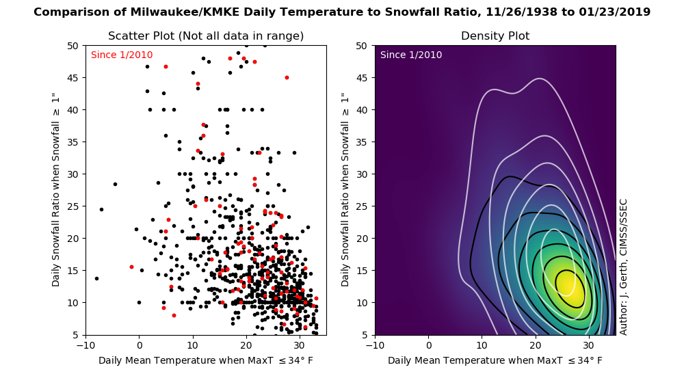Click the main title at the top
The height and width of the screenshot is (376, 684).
[x=342, y=12]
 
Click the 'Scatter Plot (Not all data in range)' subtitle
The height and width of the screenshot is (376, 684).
[x=206, y=36]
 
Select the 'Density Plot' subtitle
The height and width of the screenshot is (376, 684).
[x=495, y=36]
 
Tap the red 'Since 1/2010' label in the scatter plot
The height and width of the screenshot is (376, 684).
[x=122, y=55]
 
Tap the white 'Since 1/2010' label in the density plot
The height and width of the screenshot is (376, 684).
[x=411, y=55]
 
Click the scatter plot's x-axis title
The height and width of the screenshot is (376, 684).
[x=206, y=361]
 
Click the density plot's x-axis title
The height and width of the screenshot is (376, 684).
[x=495, y=361]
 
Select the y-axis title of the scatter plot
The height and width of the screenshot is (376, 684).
[x=55, y=190]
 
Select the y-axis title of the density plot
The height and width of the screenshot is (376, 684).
[x=345, y=190]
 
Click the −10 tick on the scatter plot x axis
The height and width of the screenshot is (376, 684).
[x=85, y=345]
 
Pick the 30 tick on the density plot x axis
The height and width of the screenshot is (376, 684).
[x=589, y=345]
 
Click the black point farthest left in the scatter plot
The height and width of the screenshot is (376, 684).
[x=96, y=278]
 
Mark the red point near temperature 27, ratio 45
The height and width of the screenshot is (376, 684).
[x=287, y=78]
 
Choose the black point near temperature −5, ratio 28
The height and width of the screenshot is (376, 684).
[x=115, y=184]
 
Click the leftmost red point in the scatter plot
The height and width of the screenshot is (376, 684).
[x=131, y=267]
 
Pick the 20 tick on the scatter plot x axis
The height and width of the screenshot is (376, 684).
[x=246, y=345]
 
